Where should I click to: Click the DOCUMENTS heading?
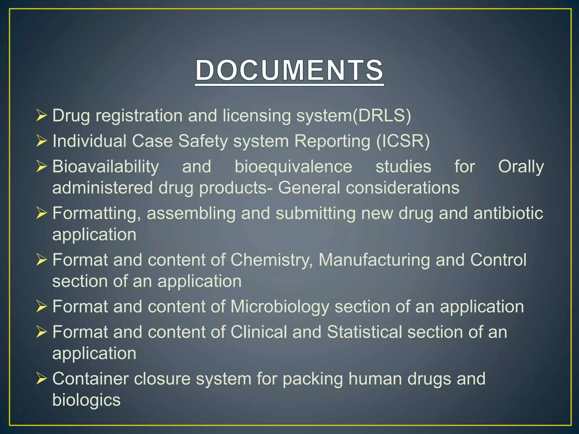click(289, 70)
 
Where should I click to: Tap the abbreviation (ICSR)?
click(403, 141)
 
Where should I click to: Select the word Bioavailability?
click(105, 166)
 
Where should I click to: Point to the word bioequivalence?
click(293, 166)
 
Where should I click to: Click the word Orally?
click(521, 166)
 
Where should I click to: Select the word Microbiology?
click(280, 307)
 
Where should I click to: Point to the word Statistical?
click(364, 332)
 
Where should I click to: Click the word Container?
click(90, 379)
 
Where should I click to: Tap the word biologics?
click(86, 400)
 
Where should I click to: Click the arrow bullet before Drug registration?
click(41, 116)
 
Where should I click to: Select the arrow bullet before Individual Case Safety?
click(41, 141)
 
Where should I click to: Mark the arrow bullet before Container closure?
click(41, 379)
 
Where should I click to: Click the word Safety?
click(203, 141)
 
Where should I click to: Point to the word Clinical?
click(258, 332)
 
